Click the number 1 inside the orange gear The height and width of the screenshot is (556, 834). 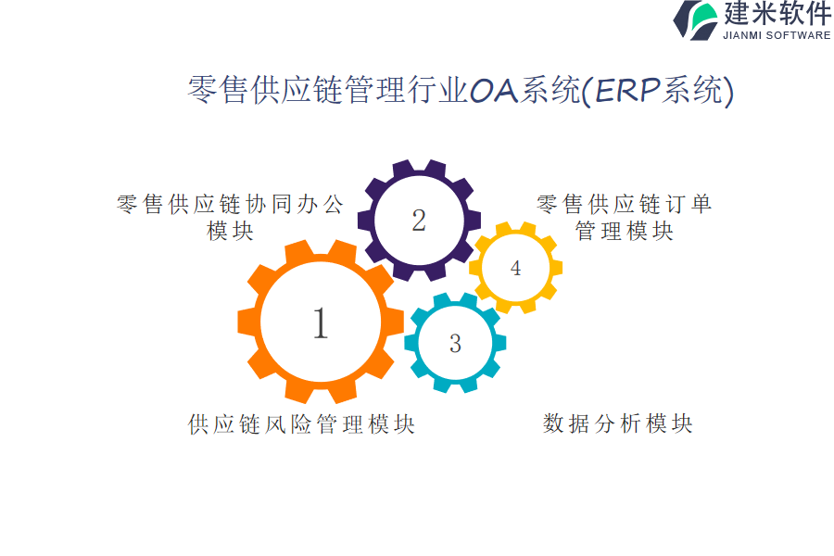[x=321, y=323]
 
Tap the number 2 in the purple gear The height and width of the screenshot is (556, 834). [x=419, y=221]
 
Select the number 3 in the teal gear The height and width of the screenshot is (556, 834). [x=455, y=344]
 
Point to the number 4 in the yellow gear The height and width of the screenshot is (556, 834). [x=515, y=268]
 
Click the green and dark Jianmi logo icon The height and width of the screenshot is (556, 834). [x=696, y=20]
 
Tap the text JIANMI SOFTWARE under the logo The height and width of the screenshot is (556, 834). [x=777, y=35]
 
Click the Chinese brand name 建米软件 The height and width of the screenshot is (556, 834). [x=777, y=13]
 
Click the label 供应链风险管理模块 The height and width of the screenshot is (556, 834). [x=301, y=424]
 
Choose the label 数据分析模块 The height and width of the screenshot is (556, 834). [x=617, y=423]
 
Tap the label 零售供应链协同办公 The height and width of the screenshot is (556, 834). [x=231, y=204]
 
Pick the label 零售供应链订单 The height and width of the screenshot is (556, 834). [x=624, y=204]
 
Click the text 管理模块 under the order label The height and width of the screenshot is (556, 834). [x=625, y=231]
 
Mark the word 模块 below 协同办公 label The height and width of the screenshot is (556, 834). [x=231, y=231]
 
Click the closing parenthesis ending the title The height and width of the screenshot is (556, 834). [x=728, y=91]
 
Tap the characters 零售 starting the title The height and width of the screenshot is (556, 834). [x=218, y=89]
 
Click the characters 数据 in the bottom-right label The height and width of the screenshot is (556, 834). [x=566, y=423]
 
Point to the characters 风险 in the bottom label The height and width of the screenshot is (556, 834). [x=288, y=424]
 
